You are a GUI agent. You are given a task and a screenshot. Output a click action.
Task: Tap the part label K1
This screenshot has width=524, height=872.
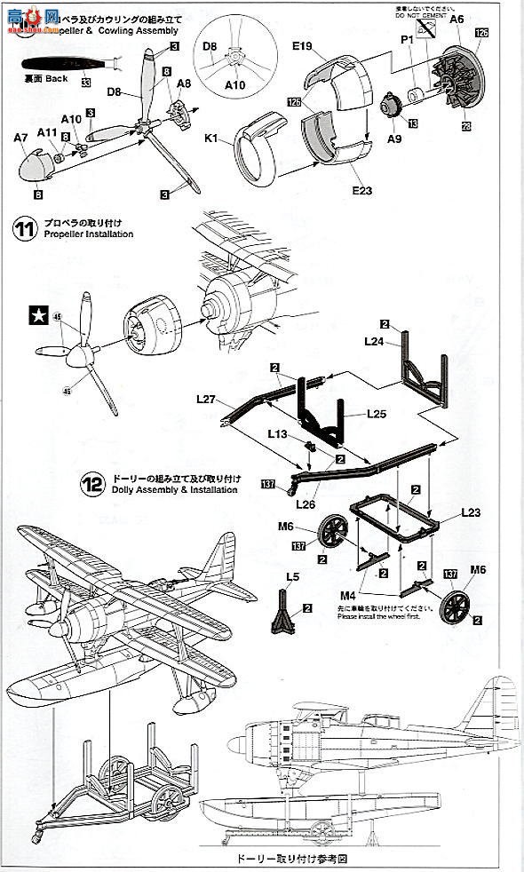[x=214, y=139]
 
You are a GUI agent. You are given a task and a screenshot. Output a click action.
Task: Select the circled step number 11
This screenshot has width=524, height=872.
[x=23, y=228]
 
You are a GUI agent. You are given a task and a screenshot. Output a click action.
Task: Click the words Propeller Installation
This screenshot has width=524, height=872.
[x=84, y=234]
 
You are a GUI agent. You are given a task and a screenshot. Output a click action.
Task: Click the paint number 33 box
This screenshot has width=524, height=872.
[x=86, y=83]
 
